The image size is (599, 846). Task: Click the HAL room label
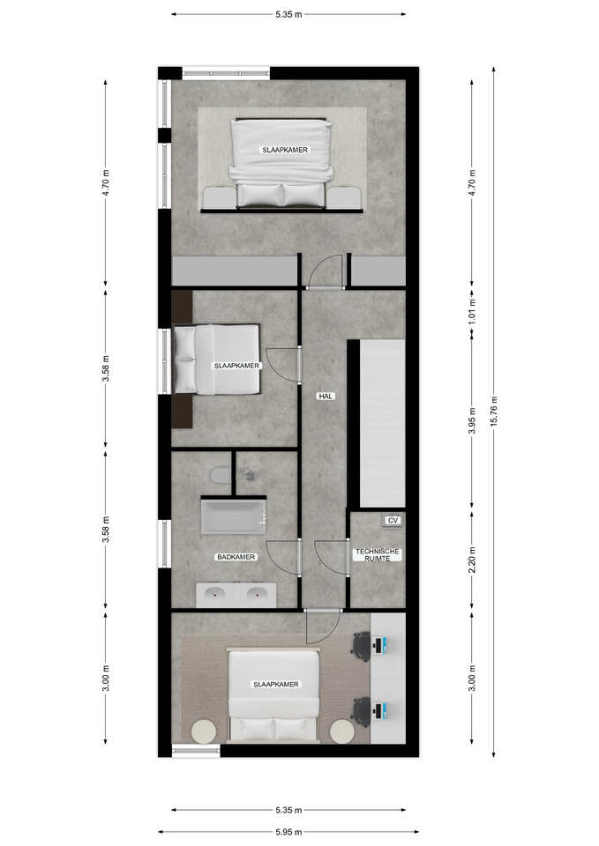(326, 397)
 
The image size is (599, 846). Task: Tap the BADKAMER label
(236, 557)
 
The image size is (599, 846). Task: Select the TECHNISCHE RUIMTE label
(378, 554)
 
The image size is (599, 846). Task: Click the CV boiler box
(393, 521)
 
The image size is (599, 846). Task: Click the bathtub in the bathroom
(233, 516)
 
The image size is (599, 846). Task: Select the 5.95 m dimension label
(288, 831)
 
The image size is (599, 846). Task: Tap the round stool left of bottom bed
(204, 731)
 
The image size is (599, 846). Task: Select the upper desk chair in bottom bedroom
(363, 645)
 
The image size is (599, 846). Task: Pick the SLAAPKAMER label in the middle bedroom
(236, 365)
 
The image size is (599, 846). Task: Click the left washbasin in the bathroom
(214, 595)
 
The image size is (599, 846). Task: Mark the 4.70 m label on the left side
(106, 184)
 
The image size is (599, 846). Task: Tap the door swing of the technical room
(333, 557)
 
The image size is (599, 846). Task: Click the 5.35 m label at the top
(288, 14)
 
